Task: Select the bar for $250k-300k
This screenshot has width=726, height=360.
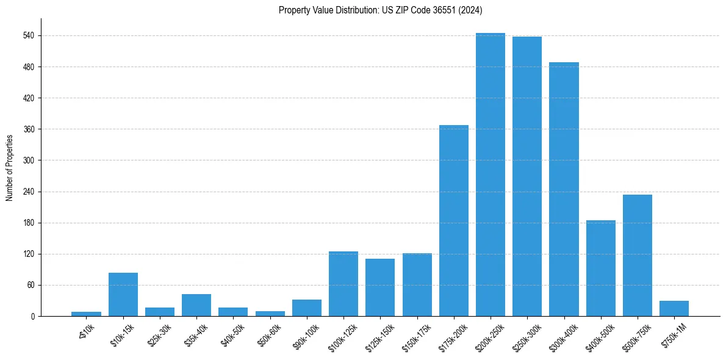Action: tap(527, 176)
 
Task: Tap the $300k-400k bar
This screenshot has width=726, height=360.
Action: tap(564, 189)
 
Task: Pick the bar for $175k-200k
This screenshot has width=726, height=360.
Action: tap(454, 220)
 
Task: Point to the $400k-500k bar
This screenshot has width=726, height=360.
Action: tap(601, 268)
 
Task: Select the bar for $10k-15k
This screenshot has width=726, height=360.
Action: tap(123, 294)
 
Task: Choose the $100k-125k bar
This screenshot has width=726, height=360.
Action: tap(343, 284)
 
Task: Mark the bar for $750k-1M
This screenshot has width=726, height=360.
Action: tap(674, 308)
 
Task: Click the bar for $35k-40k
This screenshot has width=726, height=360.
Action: tap(196, 305)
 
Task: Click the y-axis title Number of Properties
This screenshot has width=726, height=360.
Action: tap(9, 168)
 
